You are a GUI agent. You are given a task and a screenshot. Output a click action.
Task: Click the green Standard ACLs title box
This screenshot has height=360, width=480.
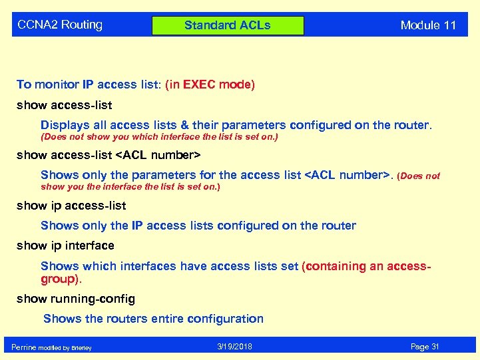point(228,26)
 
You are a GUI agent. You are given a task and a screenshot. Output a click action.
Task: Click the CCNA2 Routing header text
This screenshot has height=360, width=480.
point(60,25)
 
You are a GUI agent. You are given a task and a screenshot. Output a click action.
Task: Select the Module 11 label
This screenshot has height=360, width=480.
point(428,25)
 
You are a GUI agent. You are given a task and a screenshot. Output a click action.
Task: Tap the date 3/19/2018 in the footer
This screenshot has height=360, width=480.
point(234,347)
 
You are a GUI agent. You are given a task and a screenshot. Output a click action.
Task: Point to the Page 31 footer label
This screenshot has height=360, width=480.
point(424,347)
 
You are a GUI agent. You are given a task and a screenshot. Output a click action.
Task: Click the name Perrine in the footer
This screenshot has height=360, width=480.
point(24,347)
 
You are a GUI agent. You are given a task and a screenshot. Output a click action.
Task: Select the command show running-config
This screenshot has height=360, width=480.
point(75,299)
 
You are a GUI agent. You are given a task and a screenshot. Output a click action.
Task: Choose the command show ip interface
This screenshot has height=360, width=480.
point(65,246)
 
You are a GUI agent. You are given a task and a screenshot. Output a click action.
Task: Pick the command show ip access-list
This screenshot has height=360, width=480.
point(71,206)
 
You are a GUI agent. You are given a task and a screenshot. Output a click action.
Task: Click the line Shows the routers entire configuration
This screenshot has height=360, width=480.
point(153,319)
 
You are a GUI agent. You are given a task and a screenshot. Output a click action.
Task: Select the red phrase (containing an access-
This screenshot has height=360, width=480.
point(366,266)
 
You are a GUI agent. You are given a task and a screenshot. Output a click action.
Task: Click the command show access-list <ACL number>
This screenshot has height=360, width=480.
point(108,156)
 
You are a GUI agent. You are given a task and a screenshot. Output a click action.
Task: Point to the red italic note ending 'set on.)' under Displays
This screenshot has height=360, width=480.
point(159,137)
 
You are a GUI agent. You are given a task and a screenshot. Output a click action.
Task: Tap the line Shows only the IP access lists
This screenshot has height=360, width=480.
point(198,226)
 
